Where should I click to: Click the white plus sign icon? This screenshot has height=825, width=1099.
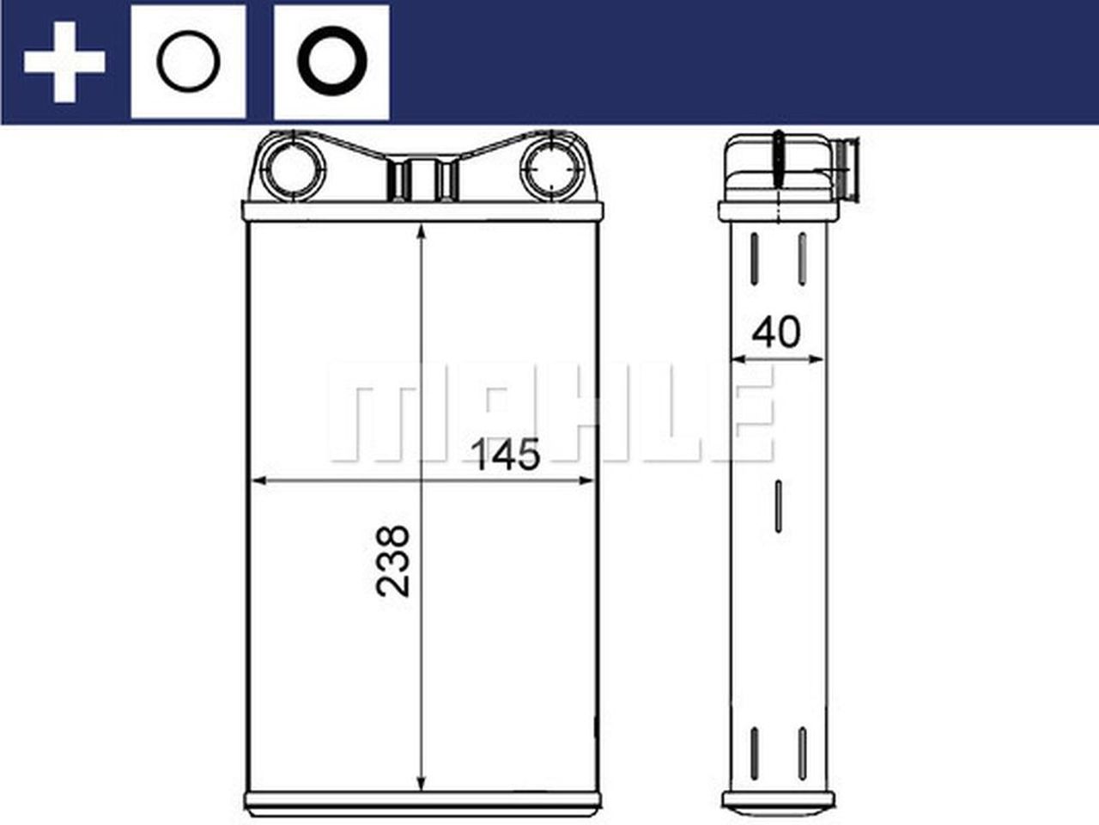pos(64,63)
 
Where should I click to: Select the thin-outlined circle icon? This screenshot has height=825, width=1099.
pos(188,63)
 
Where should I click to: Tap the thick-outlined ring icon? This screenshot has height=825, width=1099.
pos(331,63)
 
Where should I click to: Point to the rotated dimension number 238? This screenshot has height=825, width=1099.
pos(393,560)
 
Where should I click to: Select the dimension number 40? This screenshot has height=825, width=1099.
pos(775,332)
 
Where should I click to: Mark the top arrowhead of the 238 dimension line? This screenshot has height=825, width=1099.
pos(422,235)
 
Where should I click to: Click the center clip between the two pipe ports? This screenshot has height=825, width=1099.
pos(422,179)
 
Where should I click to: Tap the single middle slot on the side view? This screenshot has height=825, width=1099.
pos(778,506)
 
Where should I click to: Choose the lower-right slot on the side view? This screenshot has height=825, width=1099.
pos(802,754)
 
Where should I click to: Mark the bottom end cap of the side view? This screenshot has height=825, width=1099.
pos(777,801)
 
